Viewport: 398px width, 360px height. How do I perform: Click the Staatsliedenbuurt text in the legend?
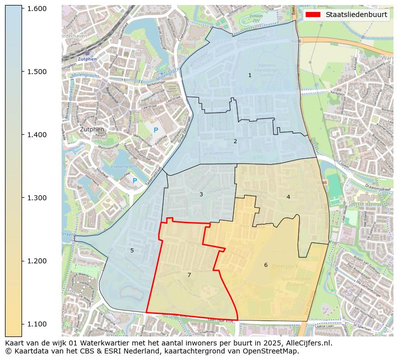click(356, 15)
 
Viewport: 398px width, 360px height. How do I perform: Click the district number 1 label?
click(250, 75)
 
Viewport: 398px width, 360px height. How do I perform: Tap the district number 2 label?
click(235, 141)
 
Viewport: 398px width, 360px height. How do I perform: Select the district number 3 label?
click(201, 194)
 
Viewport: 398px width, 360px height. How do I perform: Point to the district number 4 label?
click(288, 197)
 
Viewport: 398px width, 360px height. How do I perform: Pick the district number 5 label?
click(132, 250)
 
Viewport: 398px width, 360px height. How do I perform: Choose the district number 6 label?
click(266, 265)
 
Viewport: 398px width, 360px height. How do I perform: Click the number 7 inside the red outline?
click(189, 275)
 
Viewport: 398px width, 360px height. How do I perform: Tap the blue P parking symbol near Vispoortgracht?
click(134, 181)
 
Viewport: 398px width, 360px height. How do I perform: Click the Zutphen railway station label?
click(88, 59)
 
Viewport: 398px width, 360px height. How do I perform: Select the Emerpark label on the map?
click(285, 267)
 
